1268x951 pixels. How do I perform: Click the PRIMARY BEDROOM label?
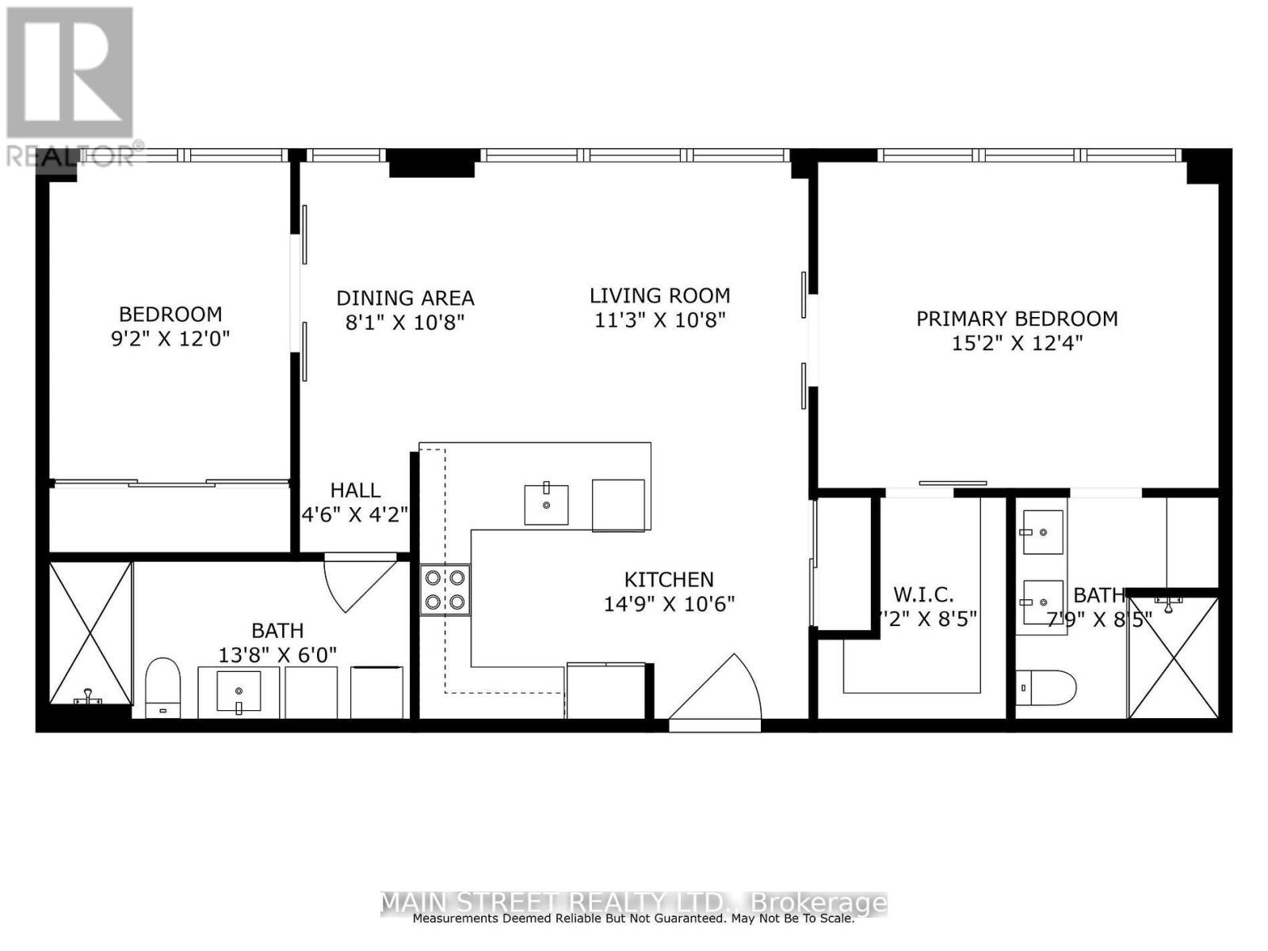click(1017, 319)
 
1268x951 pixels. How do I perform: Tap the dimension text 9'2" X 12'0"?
click(170, 339)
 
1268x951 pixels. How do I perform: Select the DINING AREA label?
click(405, 298)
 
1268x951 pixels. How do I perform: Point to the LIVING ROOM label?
click(659, 296)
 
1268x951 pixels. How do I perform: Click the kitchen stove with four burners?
click(445, 590)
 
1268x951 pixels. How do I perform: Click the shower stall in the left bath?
click(90, 632)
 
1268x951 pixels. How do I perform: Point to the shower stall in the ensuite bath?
click(1173, 656)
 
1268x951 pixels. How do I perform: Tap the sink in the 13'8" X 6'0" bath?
click(239, 692)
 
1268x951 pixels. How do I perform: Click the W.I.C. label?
click(923, 594)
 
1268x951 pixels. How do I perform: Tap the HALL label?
click(355, 490)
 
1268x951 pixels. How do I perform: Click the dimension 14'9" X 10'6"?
click(669, 604)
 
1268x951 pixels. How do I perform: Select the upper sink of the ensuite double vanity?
click(1042, 532)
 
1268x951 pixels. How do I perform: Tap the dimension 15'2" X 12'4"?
click(1017, 343)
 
